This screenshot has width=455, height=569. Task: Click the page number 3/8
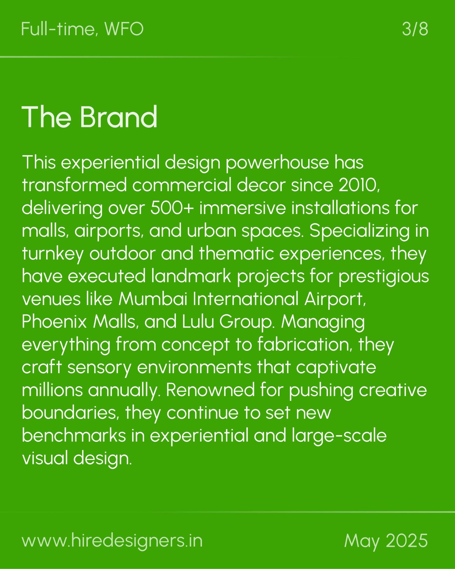click(415, 29)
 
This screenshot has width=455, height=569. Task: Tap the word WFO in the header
click(124, 29)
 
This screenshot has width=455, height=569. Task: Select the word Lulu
click(198, 322)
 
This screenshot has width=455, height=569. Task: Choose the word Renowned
click(210, 390)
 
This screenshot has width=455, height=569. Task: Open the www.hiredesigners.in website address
click(112, 541)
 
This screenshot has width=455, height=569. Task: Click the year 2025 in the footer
click(407, 541)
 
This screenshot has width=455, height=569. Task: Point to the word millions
click(52, 390)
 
